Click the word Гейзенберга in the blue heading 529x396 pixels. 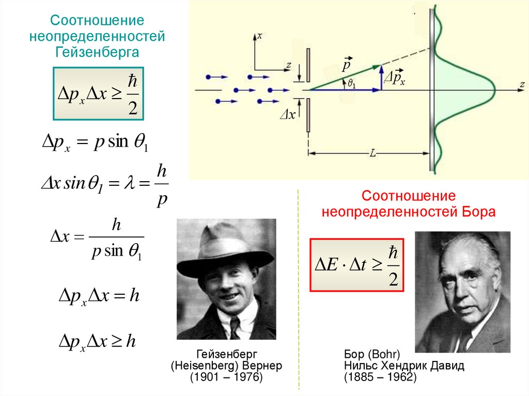click(x=97, y=52)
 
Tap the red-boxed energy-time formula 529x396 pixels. click(x=356, y=264)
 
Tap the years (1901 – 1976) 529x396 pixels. click(x=226, y=378)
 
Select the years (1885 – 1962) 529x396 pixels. click(x=380, y=378)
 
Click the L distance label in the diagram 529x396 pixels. click(x=373, y=153)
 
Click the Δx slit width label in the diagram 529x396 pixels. click(x=287, y=115)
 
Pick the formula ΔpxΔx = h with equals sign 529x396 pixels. click(x=98, y=296)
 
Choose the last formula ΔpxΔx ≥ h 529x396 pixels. click(x=98, y=341)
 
